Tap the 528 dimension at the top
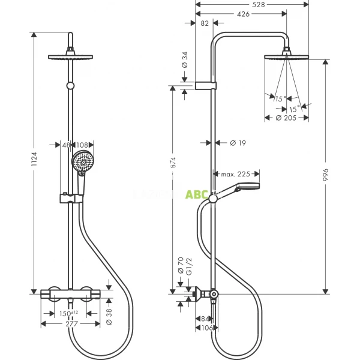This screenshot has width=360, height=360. pyautogui.click(x=258, y=5)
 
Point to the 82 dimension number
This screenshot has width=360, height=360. pyautogui.click(x=204, y=23)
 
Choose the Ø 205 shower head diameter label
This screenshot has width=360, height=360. pyautogui.click(x=287, y=119)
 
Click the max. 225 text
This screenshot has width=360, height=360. pyautogui.click(x=235, y=175)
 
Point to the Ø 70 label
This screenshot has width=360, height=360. pyautogui.click(x=179, y=265)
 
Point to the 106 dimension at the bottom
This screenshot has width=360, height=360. pyautogui.click(x=206, y=328)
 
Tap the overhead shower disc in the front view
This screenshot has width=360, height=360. pyautogui.click(x=72, y=57)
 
